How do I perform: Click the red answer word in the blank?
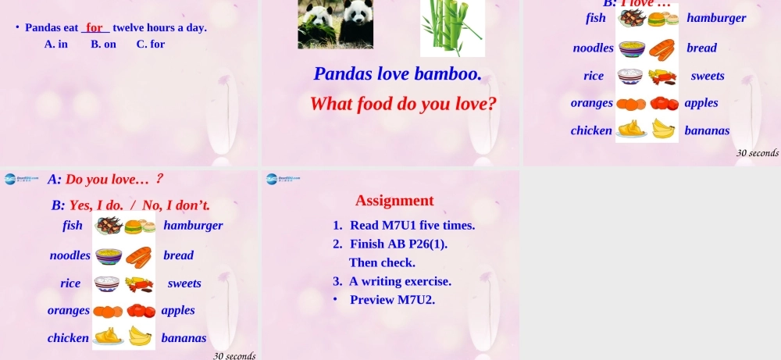(95, 27)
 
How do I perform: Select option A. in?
(56, 44)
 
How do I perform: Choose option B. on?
(103, 44)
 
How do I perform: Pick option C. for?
(151, 44)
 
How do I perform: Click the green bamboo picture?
(451, 27)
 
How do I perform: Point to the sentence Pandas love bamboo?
(397, 74)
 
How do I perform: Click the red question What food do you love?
(403, 104)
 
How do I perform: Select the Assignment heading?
(394, 201)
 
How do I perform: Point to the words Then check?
(382, 262)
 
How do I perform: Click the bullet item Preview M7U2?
(392, 300)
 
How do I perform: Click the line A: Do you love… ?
(105, 180)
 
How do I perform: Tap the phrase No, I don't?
(177, 205)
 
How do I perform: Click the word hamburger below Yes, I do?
(193, 226)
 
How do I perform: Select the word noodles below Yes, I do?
(70, 255)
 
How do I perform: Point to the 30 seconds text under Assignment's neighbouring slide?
(234, 355)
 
